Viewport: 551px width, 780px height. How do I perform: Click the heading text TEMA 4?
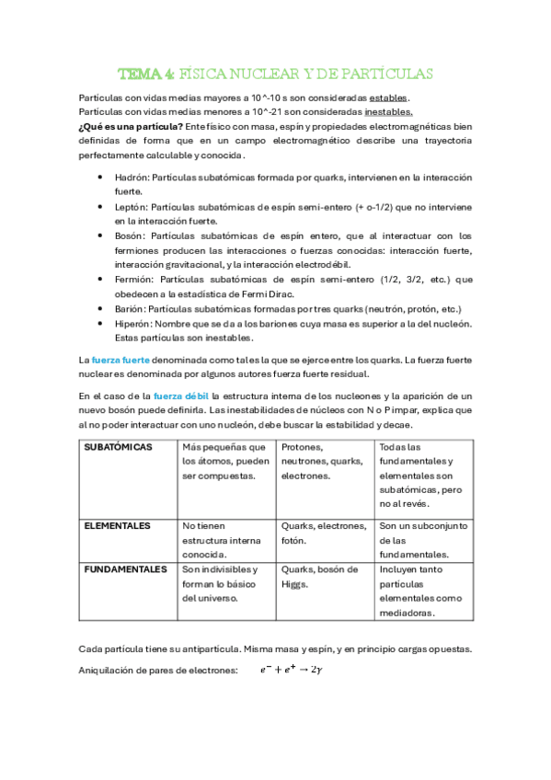[147, 74]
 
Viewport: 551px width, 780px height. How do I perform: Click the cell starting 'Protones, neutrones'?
[322, 461]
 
